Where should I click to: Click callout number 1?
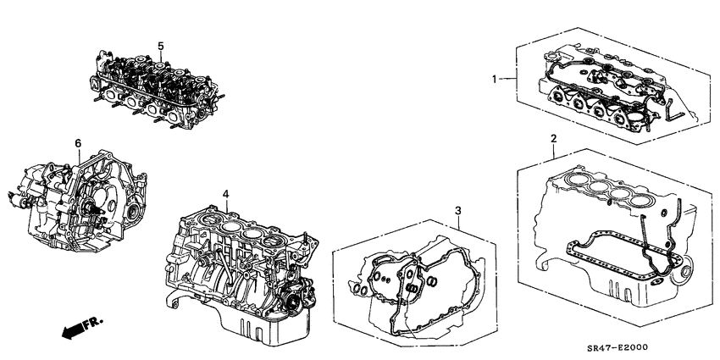[497, 79]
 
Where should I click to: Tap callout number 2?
[553, 138]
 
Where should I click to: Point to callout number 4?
[225, 195]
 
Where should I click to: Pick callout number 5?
[159, 44]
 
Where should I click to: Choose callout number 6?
[77, 144]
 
